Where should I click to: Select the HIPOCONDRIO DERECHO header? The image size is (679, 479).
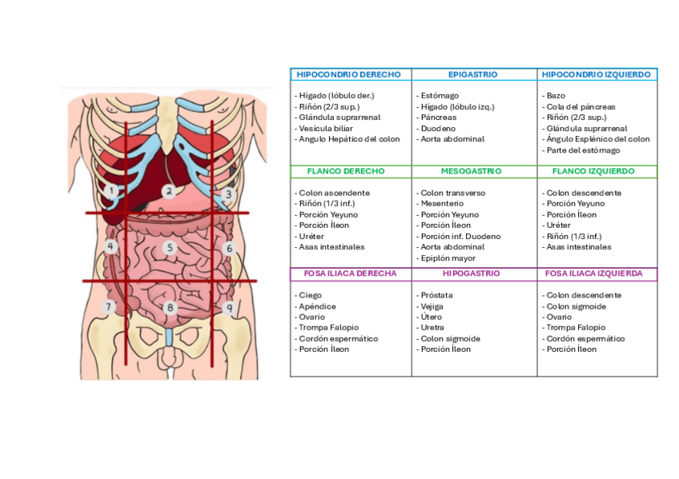pyautogui.click(x=348, y=74)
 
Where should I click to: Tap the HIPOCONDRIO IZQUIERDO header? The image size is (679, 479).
pyautogui.click(x=596, y=74)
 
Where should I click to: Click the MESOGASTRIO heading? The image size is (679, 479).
pyautogui.click(x=471, y=171)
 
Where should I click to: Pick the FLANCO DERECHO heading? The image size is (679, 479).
pyautogui.click(x=345, y=171)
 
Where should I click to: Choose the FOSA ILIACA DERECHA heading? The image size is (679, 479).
pyautogui.click(x=350, y=273)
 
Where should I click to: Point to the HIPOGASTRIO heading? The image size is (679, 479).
pyautogui.click(x=471, y=273)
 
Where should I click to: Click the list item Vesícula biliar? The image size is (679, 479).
pyautogui.click(x=327, y=128)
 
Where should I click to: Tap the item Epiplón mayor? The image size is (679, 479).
pyautogui.click(x=448, y=258)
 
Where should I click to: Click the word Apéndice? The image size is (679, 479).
pyautogui.click(x=316, y=306)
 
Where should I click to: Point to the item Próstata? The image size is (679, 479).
pyautogui.click(x=436, y=295)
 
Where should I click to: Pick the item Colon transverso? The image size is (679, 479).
pyautogui.click(x=453, y=193)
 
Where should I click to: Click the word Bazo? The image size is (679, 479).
pyautogui.click(x=556, y=96)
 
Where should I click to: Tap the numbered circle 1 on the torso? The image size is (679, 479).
pyautogui.click(x=111, y=191)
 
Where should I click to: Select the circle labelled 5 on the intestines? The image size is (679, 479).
pyautogui.click(x=170, y=248)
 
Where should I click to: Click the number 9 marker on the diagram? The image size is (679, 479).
pyautogui.click(x=229, y=307)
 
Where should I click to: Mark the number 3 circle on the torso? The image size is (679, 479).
pyautogui.click(x=228, y=194)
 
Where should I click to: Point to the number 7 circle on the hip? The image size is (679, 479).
pyautogui.click(x=109, y=306)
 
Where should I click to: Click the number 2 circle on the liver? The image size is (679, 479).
pyautogui.click(x=168, y=190)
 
